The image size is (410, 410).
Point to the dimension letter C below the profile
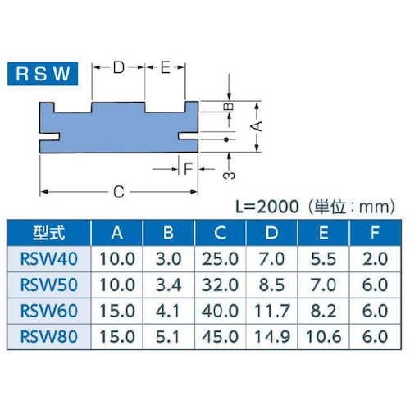(x=118, y=192)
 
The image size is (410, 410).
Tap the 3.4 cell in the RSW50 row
(x=168, y=286)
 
